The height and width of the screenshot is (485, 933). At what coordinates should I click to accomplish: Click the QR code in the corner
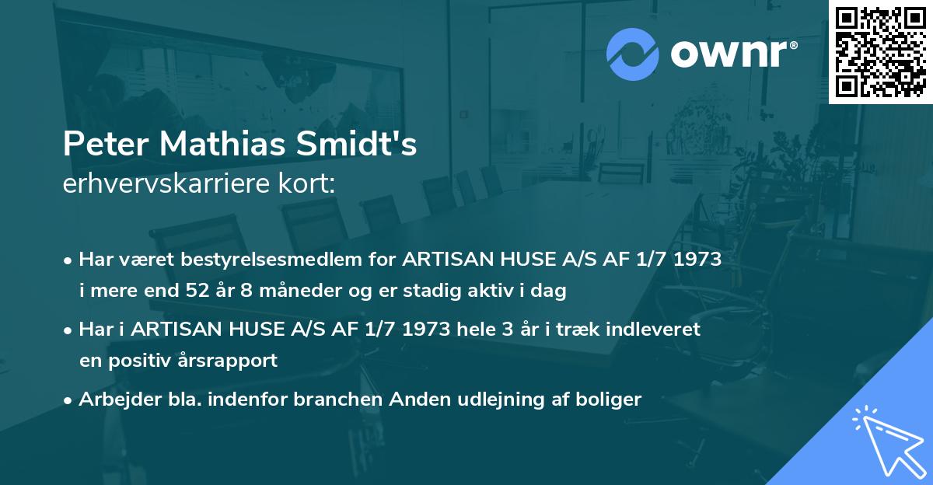[x=881, y=51]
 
